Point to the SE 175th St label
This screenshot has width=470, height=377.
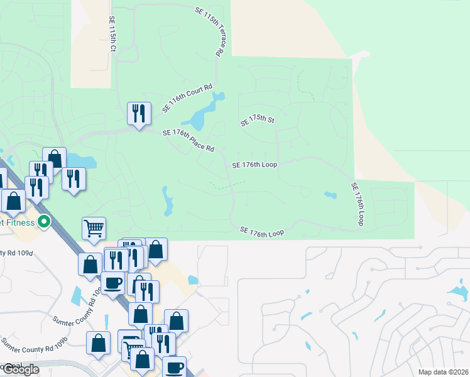258,121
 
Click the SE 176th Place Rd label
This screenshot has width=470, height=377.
189,141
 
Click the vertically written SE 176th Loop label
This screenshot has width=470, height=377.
358,204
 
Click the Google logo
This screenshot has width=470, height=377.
21,369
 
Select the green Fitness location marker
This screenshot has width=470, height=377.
44,221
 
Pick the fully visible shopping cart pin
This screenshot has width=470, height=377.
94,229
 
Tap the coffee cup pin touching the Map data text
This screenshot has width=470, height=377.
174,367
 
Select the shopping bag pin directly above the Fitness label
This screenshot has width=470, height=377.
13,201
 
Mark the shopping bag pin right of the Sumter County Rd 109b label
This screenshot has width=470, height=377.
99,344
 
